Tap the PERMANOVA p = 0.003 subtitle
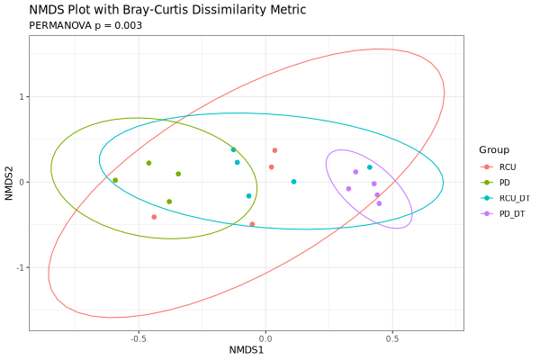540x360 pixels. [x=85, y=25]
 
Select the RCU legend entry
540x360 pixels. [x=508, y=167]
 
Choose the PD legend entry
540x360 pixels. [x=505, y=182]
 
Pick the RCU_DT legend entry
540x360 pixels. [x=514, y=197]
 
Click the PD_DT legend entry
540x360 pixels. [x=512, y=212]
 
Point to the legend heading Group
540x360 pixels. [x=494, y=149]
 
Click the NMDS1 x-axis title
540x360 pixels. [x=247, y=349]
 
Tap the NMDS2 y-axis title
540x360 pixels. [x=9, y=182]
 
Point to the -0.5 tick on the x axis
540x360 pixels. [x=138, y=339]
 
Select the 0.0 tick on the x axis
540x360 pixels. [x=265, y=339]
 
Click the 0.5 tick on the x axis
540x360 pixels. [x=392, y=339]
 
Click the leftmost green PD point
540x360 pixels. [x=115, y=180]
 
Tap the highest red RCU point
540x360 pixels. [x=274, y=150]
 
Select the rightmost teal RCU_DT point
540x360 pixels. [x=369, y=167]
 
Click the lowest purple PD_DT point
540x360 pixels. [x=379, y=203]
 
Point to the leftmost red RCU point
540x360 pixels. [x=154, y=217]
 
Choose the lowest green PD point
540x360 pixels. [x=169, y=202]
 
